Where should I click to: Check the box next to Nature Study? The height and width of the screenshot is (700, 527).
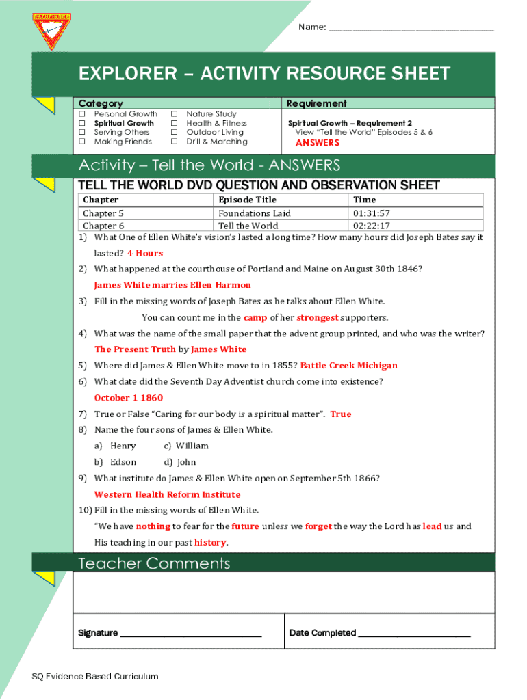175,114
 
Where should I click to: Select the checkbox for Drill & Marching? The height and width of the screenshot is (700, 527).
175,142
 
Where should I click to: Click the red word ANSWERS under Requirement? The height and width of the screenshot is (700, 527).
317,143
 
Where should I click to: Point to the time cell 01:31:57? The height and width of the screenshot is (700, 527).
371,213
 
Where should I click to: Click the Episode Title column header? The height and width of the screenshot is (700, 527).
247,200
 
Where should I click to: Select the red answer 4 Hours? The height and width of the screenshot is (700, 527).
145,253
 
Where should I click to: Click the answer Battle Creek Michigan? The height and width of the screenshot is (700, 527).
348,365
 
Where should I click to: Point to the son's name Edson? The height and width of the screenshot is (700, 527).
123,462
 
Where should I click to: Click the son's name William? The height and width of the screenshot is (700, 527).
192,446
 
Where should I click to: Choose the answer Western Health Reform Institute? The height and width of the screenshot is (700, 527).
167,494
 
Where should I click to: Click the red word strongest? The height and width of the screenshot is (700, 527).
317,317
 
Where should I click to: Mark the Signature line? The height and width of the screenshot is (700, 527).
190,634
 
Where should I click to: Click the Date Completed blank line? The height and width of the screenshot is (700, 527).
414,634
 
